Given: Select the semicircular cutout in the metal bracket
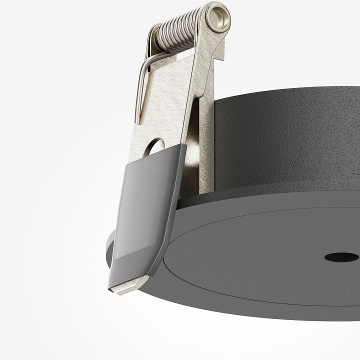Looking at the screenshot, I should pos(156,146).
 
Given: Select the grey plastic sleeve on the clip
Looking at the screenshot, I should pos(142,210).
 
